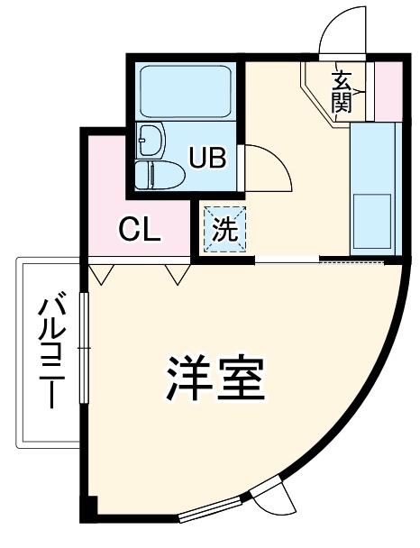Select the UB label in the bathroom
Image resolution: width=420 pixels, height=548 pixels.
tap(206, 159)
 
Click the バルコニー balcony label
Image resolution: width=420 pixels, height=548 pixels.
tap(49, 352)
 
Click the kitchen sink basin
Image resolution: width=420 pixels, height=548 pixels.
tap(373, 221)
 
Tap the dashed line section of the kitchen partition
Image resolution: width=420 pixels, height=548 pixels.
tap(352, 261)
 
